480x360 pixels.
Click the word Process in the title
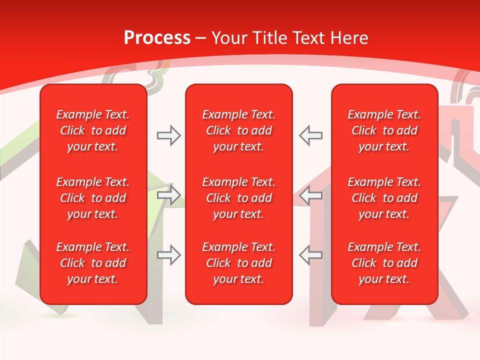click(157, 38)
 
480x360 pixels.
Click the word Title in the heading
click(270, 38)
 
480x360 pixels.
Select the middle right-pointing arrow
click(169, 195)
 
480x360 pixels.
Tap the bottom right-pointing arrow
click(169, 255)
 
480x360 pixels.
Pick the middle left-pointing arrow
click(310, 195)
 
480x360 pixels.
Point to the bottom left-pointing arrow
click(310, 255)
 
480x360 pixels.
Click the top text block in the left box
click(93, 130)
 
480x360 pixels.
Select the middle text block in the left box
click(93, 198)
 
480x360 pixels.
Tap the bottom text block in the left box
click(93, 263)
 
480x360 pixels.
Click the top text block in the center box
click(238, 130)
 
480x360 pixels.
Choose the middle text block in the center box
click(238, 198)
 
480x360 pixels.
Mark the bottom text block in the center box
click(238, 263)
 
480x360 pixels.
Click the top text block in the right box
click(384, 130)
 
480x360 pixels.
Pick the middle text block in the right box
click(384, 198)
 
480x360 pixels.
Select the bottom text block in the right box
click(384, 263)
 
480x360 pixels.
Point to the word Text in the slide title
click(310, 38)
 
